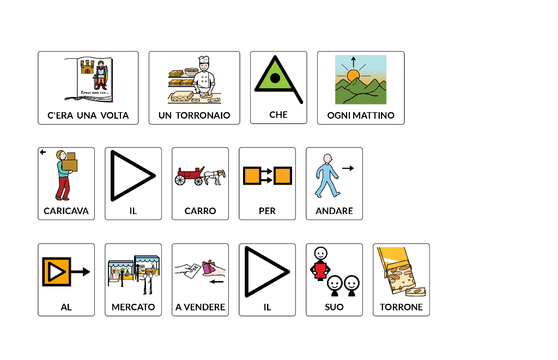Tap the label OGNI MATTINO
[361, 115]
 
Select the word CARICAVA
[66, 211]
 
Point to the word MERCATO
[134, 307]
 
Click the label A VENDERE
[201, 307]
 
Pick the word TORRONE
[401, 307]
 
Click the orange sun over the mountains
[353, 75]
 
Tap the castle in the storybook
[87, 66]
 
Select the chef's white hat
[204, 60]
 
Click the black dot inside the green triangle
[275, 78]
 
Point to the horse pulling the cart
[216, 176]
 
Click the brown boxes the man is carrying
[70, 162]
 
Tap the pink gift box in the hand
[209, 267]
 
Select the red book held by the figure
[320, 270]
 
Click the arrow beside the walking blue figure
[348, 168]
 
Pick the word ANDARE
[334, 211]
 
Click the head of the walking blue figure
[327, 158]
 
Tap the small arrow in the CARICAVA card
[43, 152]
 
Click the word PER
[267, 211]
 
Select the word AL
[66, 307]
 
